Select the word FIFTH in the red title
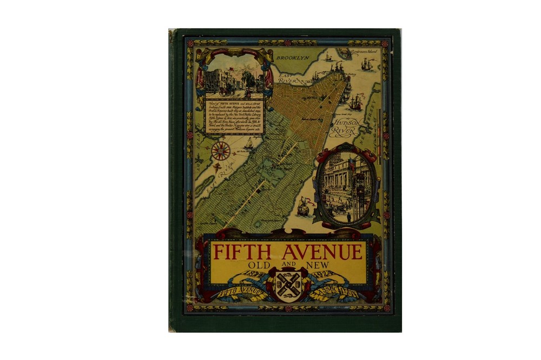coord(241,252)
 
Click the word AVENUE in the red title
coord(322,252)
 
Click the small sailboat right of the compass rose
coord(249,143)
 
